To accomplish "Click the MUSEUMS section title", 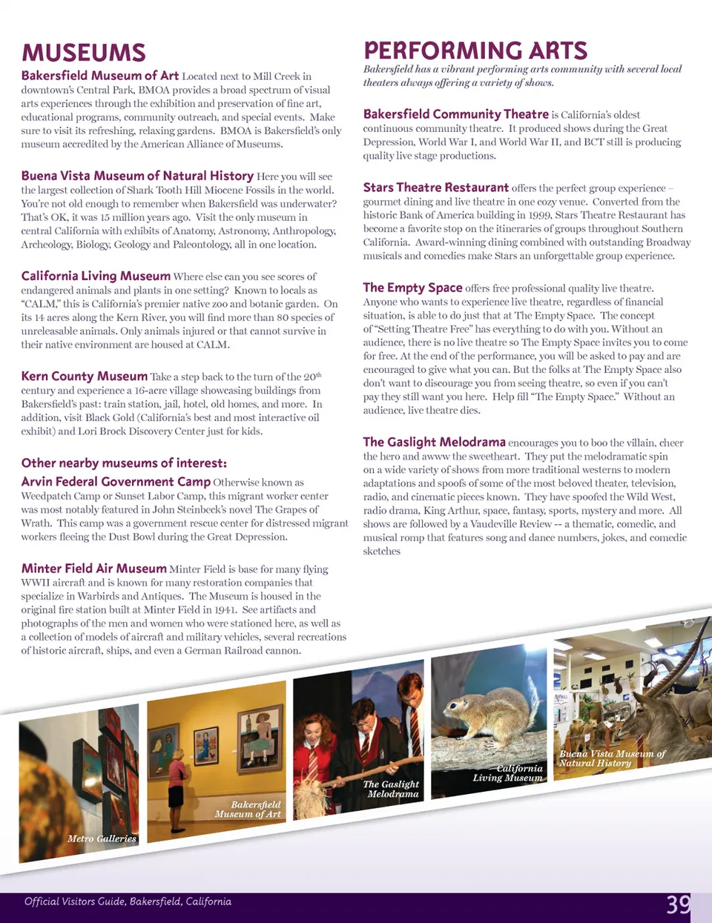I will pos(84,53).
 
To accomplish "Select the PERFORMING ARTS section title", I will pos(475,50).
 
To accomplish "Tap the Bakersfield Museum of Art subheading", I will pos(99,76).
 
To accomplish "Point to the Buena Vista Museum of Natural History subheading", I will pos(137,176).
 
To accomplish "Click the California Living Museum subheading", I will pos(96,276).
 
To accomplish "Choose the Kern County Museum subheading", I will pos(84,377).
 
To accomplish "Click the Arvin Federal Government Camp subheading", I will pos(116,482).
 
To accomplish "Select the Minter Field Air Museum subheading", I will pos(93,569).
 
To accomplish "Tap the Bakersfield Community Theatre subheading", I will pos(455,114).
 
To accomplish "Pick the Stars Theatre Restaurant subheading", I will pos(435,188).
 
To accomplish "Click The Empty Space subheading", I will pos(412,288).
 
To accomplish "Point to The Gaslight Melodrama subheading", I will pos(434,442).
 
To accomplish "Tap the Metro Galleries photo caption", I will pos(102,838).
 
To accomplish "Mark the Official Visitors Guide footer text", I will pos(128,902).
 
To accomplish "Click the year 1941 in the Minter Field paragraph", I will pos(225,609).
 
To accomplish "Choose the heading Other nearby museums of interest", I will pos(124,463).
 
